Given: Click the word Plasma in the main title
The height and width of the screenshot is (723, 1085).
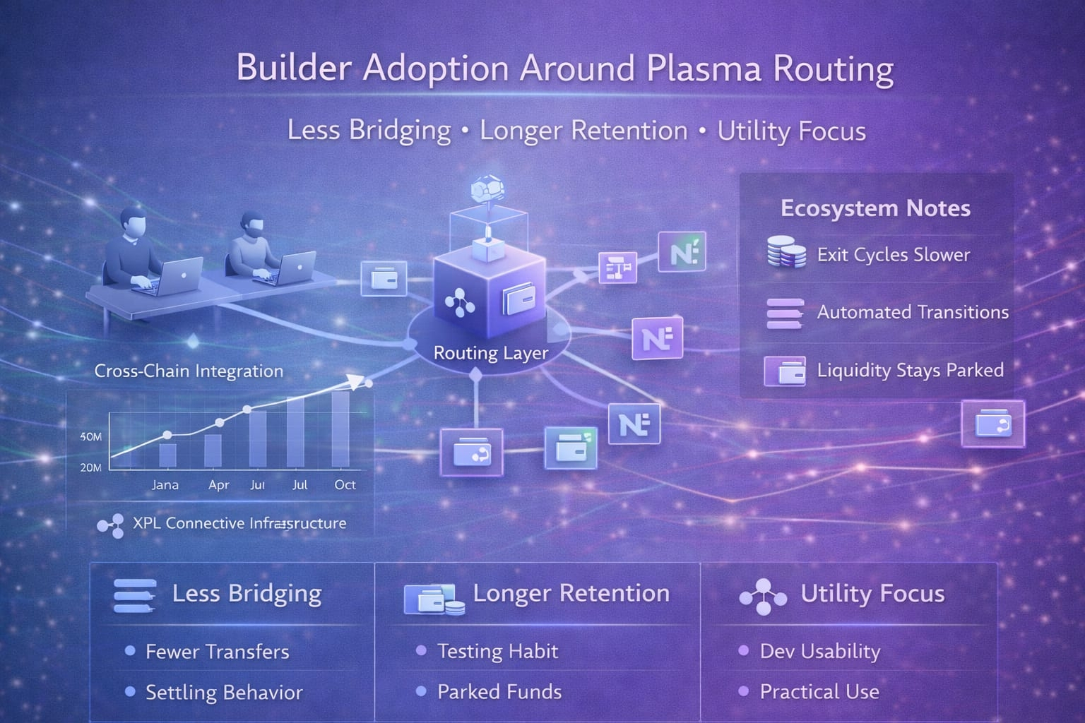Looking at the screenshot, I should (704, 68).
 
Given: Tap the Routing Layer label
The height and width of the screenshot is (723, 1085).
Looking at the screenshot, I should (490, 352).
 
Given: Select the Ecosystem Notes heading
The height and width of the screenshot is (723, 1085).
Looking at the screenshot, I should (875, 208).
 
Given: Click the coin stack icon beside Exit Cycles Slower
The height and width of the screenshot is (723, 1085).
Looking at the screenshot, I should (785, 253).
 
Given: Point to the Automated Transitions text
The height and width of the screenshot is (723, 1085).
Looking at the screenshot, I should (913, 312).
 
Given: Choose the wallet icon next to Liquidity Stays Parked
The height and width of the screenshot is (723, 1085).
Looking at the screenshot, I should (784, 371).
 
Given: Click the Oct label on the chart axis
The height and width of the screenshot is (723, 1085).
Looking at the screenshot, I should (345, 485).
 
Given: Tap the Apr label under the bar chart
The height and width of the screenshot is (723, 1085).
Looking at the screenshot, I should (219, 485).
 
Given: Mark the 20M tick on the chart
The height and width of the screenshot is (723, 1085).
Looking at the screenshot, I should (91, 467).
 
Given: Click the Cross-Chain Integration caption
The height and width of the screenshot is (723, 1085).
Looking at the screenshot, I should (189, 371).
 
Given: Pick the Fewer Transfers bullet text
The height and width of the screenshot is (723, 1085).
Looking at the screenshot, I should (217, 652).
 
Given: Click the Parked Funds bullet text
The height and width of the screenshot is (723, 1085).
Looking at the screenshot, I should (499, 692).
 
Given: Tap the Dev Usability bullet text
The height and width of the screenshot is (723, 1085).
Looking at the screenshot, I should (819, 652).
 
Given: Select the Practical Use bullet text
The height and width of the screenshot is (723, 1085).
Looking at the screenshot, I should (819, 692).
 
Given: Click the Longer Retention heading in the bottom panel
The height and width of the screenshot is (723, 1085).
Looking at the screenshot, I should (571, 593).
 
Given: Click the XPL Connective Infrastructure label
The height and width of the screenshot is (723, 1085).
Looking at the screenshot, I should (239, 523).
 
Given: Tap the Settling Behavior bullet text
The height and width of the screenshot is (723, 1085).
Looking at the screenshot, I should (224, 693).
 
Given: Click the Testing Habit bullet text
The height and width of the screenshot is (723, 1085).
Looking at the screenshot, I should (497, 651).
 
